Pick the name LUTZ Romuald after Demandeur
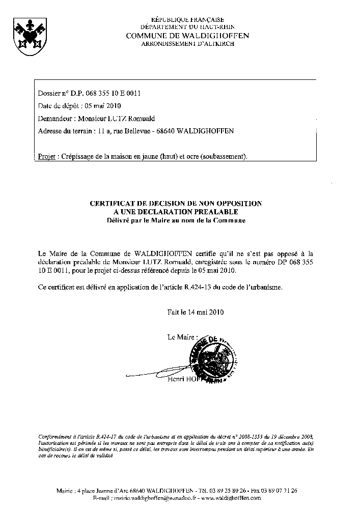click(130, 119)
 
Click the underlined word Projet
click(47, 156)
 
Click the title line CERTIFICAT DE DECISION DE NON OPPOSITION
click(176, 203)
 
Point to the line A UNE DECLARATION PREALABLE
click(176, 212)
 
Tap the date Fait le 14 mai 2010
click(196, 312)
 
